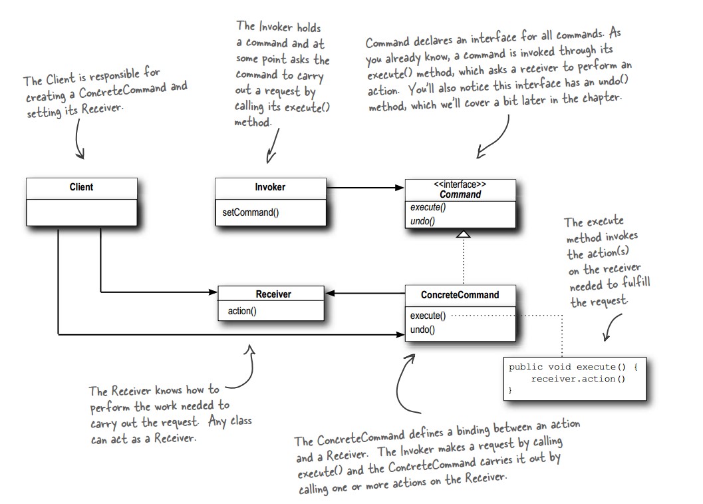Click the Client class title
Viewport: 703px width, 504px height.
(81, 187)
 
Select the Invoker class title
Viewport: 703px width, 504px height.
(270, 187)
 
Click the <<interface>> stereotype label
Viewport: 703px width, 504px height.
(460, 184)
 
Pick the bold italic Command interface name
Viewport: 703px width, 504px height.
(460, 194)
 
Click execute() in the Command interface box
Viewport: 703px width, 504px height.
(428, 208)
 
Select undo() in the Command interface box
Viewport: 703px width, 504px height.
(422, 220)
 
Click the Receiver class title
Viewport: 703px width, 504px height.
(273, 294)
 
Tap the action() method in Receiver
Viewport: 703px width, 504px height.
(242, 311)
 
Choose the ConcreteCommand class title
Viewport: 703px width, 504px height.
(460, 294)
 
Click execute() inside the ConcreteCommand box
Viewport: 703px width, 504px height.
(428, 316)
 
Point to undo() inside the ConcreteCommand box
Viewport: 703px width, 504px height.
(422, 329)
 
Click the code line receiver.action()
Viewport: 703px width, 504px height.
(578, 379)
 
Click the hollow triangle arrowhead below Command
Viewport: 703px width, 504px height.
(464, 234)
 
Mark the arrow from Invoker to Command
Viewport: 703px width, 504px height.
(366, 188)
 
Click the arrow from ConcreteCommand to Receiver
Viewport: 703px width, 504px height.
(365, 293)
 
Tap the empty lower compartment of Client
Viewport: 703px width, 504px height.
(81, 212)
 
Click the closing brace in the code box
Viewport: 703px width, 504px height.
(511, 391)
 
